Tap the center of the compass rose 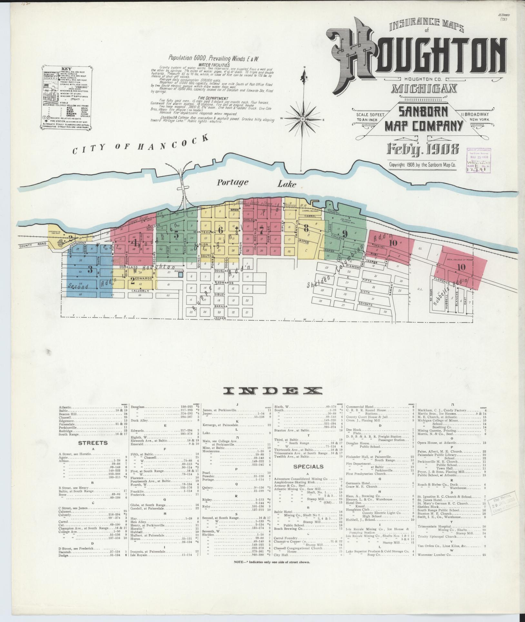[x=303, y=119]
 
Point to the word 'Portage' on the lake [x=232, y=183]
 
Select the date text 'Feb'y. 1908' [x=423, y=150]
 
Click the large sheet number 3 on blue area [x=90, y=268]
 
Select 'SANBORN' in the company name [x=423, y=112]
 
